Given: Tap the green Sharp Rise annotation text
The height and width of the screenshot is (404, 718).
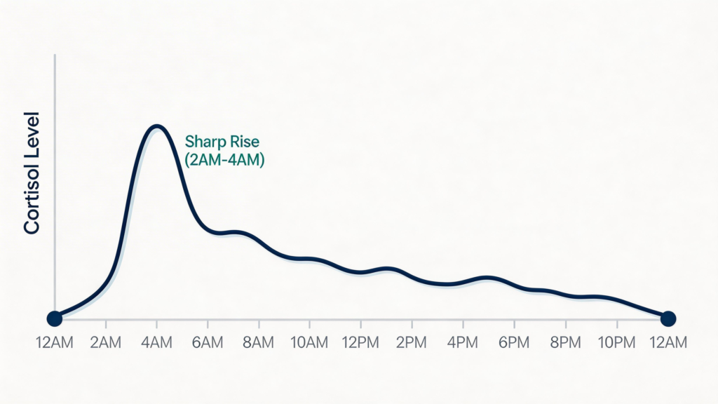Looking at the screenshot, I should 222,141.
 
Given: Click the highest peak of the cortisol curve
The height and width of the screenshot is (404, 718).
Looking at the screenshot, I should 156,126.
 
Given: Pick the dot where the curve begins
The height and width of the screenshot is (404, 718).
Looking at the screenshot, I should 54,318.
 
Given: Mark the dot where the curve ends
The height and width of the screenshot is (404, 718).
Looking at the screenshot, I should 668,318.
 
